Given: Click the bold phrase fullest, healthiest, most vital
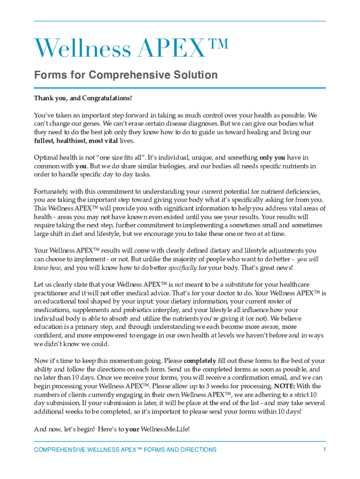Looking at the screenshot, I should (76, 140).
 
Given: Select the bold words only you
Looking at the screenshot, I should (272, 158).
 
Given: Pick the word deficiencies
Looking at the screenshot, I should (298, 191).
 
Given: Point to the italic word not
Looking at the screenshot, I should (179, 284).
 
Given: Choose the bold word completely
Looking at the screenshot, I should (200, 361).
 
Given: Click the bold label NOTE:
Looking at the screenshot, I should (284, 386).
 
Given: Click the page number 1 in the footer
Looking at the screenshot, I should (324, 450).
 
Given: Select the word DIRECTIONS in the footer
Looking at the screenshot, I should (198, 450).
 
